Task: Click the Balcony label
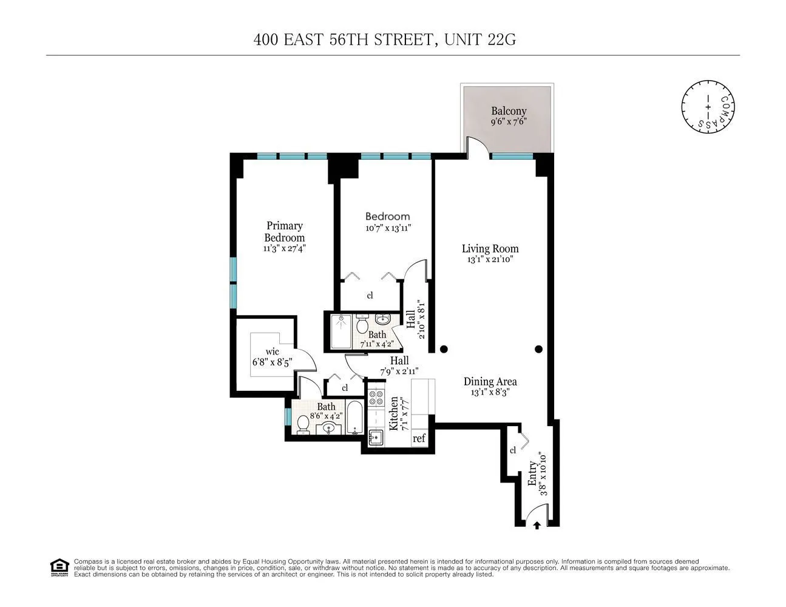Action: coord(509,111)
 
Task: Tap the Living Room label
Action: coord(490,248)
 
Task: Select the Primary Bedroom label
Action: coord(284,232)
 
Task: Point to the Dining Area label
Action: coord(490,381)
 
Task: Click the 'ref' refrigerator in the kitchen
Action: coord(419,438)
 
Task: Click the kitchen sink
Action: coord(375,438)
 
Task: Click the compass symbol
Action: coord(708,107)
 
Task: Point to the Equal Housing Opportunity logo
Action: coord(59,568)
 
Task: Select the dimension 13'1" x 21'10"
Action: coord(490,259)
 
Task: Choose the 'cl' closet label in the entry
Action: coord(513,450)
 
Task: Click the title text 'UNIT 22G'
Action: coord(480,40)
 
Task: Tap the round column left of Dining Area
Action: coord(444,349)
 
